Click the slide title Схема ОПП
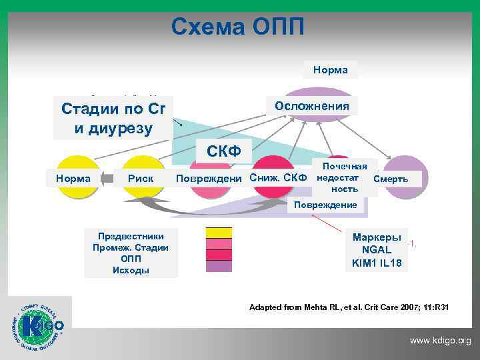238,27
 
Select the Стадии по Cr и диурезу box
113,118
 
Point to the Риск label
141,178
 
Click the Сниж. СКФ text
278,178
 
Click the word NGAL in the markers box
377,250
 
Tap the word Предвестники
131,237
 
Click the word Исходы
131,270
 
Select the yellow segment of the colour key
219,233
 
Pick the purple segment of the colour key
219,266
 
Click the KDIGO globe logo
40,327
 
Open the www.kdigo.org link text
440,341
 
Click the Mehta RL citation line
349,307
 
